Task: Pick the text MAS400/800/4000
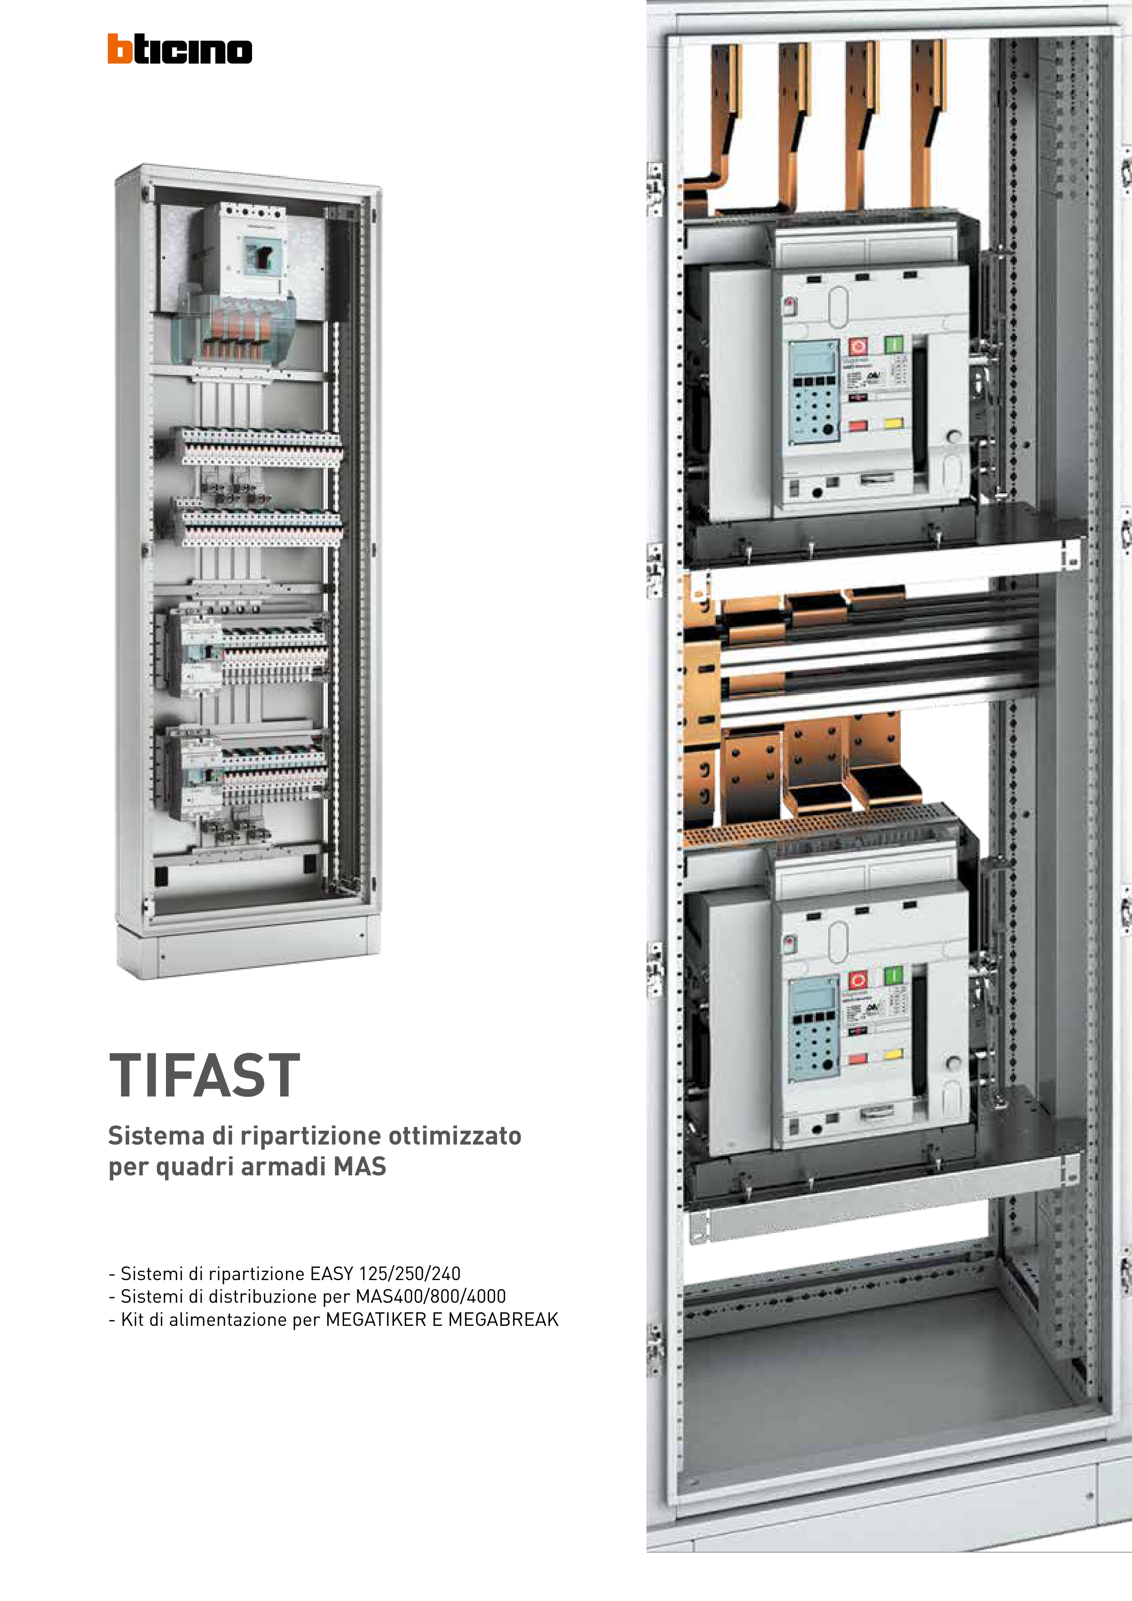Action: click(430, 1296)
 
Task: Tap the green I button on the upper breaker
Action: click(894, 344)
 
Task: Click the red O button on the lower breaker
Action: click(858, 980)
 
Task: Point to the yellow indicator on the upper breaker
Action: click(894, 422)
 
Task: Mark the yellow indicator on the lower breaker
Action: click(894, 1055)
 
